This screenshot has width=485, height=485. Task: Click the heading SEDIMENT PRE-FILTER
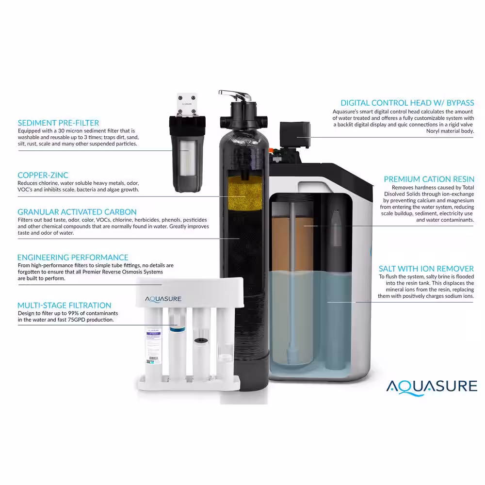pyautogui.click(x=59, y=123)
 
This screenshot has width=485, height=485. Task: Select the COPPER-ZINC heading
pyautogui.click(x=43, y=175)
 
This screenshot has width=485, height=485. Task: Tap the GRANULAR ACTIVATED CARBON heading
pyautogui.click(x=77, y=212)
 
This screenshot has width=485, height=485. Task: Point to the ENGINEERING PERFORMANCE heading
pyautogui.click(x=73, y=258)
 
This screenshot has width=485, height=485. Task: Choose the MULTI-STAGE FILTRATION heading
pyautogui.click(x=65, y=305)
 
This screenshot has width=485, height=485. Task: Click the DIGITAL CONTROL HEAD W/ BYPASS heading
pyautogui.click(x=407, y=103)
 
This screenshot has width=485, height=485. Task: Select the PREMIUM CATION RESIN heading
pyautogui.click(x=429, y=179)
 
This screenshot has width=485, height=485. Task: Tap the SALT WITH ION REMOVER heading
pyautogui.click(x=426, y=269)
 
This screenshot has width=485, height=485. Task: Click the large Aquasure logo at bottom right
pyautogui.click(x=432, y=387)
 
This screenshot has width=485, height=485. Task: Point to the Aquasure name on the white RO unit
pyautogui.click(x=163, y=299)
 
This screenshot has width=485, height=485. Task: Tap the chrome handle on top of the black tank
pyautogui.click(x=236, y=95)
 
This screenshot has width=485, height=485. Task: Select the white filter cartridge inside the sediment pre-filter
pyautogui.click(x=187, y=158)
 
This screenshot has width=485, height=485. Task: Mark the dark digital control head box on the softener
pyautogui.click(x=294, y=134)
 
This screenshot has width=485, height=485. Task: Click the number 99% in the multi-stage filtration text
pyautogui.click(x=73, y=313)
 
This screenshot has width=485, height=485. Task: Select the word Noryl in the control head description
pyautogui.click(x=434, y=131)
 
